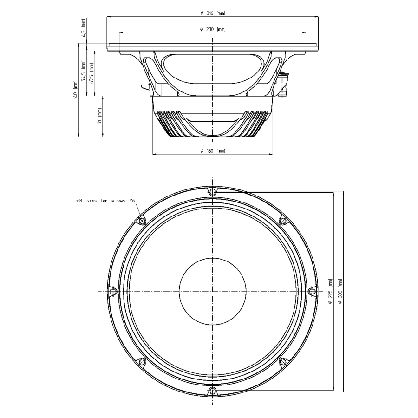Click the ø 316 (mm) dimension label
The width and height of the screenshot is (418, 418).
click(x=213, y=13)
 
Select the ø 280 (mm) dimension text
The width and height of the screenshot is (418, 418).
click(x=213, y=29)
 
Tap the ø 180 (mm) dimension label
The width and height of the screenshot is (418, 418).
click(x=213, y=151)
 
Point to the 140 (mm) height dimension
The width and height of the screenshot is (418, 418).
click(x=76, y=90)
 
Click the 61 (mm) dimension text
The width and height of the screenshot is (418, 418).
click(x=100, y=116)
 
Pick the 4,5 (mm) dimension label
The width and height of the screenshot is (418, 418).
click(x=84, y=28)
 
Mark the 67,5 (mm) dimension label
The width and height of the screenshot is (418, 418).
click(x=91, y=73)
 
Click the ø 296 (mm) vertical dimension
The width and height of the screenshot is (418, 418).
click(x=331, y=291)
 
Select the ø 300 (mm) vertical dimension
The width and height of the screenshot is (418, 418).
click(x=340, y=291)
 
